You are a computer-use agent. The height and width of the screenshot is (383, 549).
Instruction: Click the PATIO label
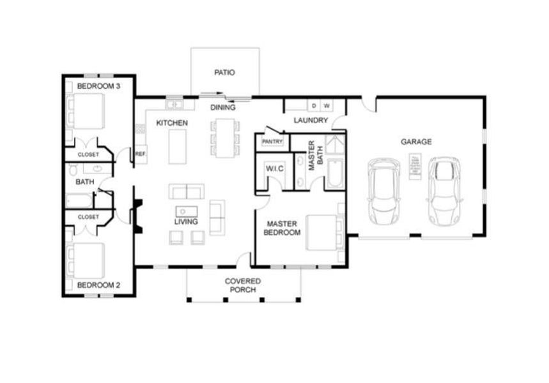[224, 73]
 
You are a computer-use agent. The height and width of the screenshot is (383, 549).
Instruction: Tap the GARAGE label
[416, 142]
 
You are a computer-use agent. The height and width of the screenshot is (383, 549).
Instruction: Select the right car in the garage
[444, 191]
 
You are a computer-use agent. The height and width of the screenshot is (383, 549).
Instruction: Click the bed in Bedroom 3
[88, 110]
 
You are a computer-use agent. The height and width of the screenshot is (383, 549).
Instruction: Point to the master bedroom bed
[324, 233]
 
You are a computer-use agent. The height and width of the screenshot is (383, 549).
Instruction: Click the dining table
[224, 137]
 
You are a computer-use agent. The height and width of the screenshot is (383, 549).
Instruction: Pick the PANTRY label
[272, 141]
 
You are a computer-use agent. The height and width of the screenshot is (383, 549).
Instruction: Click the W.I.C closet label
[274, 168]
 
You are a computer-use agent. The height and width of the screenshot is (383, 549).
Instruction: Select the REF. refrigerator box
[140, 153]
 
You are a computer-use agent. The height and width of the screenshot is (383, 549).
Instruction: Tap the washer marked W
[326, 105]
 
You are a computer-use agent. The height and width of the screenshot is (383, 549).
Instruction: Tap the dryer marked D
[314, 105]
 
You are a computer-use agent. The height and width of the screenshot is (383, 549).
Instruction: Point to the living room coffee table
[186, 211]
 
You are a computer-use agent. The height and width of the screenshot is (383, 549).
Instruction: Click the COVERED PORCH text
[242, 285]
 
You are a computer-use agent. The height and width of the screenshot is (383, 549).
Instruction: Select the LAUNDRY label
[311, 120]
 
